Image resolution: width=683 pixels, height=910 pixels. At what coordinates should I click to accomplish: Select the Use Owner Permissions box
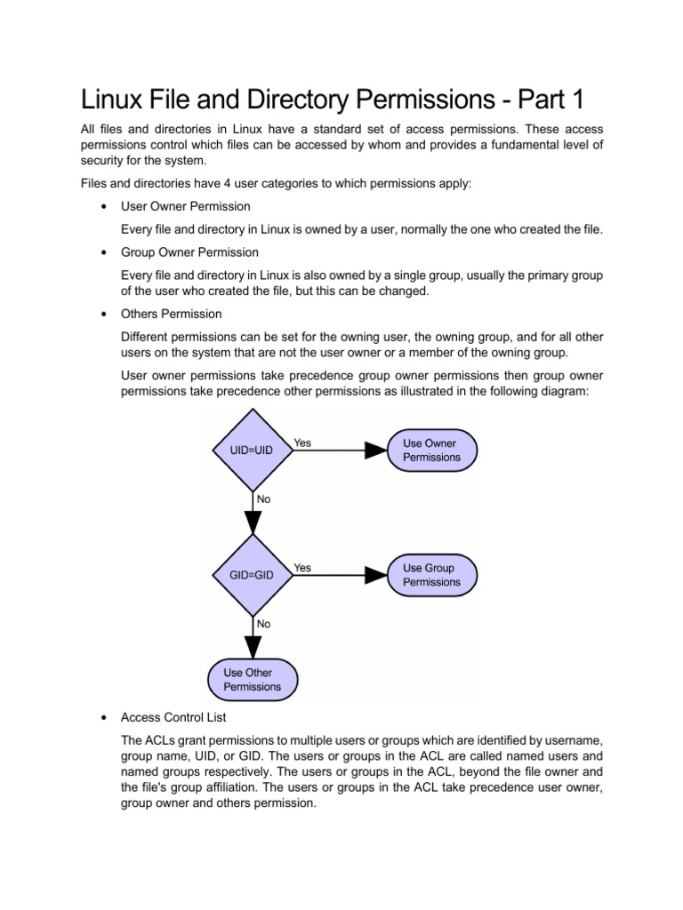click(x=431, y=450)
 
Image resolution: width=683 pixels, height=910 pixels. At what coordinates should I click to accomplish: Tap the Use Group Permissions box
click(x=431, y=575)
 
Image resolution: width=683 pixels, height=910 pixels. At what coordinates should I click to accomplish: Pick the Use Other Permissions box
click(x=252, y=680)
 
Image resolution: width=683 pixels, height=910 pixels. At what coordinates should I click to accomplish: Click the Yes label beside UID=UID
click(x=302, y=443)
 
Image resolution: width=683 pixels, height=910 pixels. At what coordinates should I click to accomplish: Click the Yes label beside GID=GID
click(x=302, y=568)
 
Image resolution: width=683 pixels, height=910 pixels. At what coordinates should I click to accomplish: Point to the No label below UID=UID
click(x=264, y=499)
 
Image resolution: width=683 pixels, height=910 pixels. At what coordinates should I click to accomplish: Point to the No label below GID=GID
click(x=264, y=625)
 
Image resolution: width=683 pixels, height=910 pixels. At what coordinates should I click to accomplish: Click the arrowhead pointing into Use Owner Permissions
click(x=376, y=451)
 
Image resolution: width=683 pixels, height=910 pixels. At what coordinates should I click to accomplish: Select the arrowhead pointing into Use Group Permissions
click(x=376, y=575)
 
